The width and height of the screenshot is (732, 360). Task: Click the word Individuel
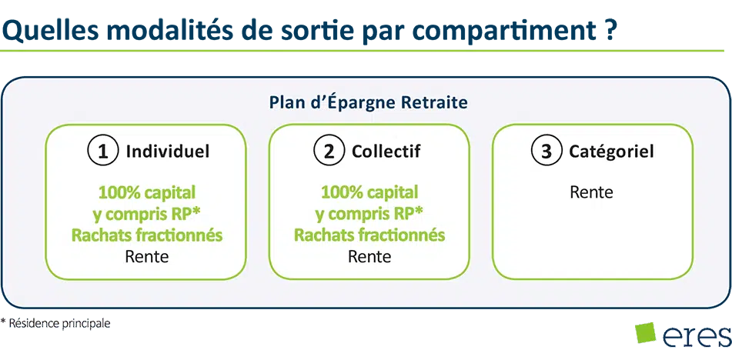[168, 152]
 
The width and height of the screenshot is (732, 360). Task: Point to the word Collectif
[386, 152]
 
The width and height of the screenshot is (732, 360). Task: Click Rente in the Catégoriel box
[591, 192]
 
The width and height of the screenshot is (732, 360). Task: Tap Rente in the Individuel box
[146, 256]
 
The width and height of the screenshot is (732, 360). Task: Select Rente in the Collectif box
[369, 256]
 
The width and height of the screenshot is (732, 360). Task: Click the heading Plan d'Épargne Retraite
[369, 102]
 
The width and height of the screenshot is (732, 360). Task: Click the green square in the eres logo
[645, 332]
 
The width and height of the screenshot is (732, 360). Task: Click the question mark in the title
[604, 29]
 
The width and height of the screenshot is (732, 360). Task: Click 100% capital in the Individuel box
[146, 192]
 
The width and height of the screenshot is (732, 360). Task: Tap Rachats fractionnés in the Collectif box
[369, 235]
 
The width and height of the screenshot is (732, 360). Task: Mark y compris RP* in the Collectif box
[369, 214]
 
